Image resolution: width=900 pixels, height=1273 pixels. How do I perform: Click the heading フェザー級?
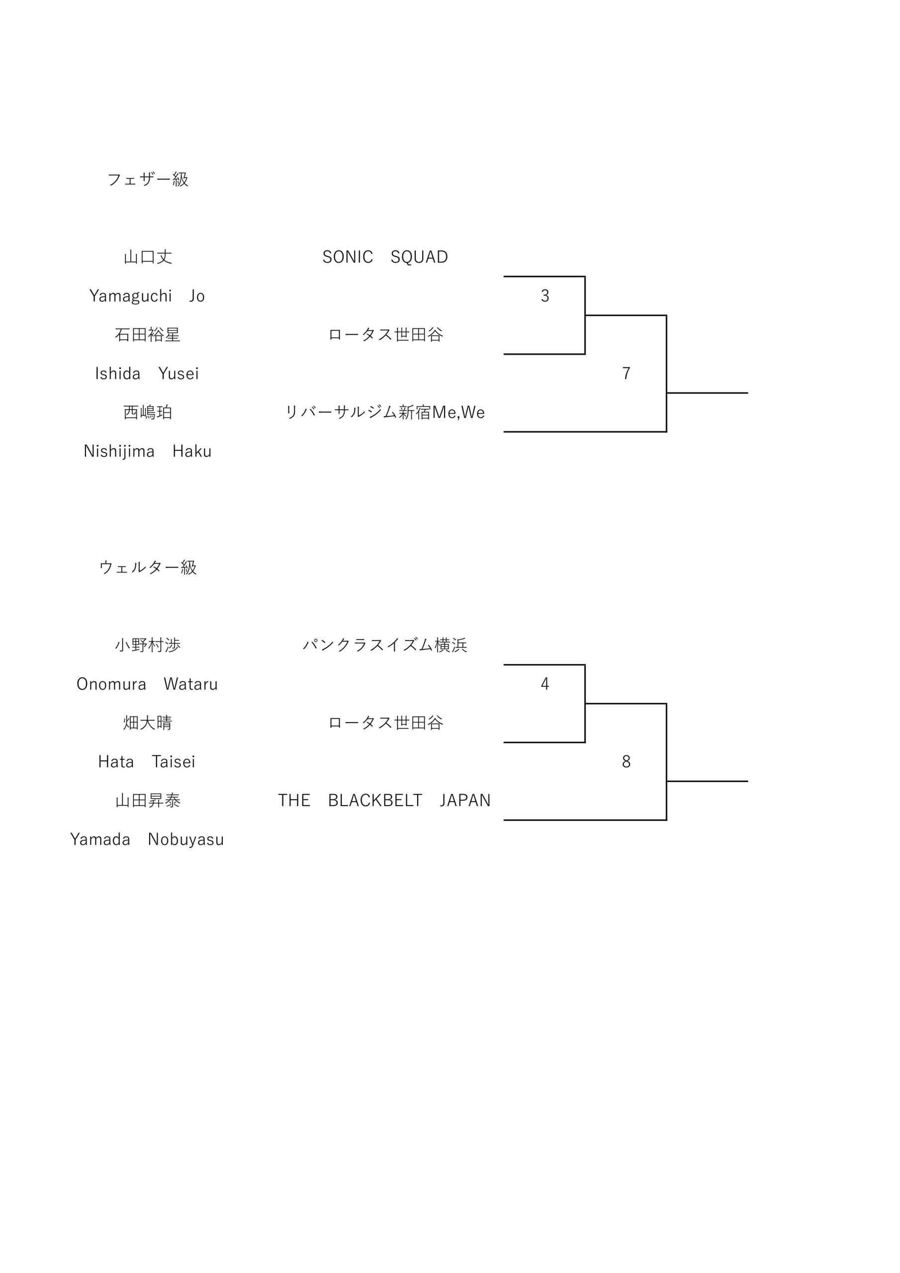point(148,179)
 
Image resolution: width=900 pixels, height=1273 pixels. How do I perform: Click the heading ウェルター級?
point(148,567)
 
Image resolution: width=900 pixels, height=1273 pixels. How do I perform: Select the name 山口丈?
point(148,257)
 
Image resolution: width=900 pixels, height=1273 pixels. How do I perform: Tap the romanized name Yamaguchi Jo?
point(147,296)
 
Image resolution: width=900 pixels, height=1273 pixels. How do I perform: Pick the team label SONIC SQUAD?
point(385,257)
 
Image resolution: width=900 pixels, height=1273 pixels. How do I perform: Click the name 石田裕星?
point(148,334)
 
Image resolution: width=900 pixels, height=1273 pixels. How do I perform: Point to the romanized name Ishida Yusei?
point(147,373)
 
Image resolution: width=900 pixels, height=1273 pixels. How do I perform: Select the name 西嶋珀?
point(148,412)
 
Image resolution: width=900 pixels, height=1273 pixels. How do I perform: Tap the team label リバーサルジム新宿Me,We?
point(385,412)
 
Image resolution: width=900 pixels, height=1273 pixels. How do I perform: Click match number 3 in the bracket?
point(545,296)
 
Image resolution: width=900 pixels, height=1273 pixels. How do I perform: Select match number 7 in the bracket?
point(626,373)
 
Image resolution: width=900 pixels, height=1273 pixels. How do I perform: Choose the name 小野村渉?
point(148,645)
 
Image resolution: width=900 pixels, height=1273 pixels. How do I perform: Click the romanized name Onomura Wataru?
point(147,684)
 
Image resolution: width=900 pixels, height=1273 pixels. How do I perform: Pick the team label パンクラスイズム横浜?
point(385,645)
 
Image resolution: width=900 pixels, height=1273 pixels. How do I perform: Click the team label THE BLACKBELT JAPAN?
point(384,800)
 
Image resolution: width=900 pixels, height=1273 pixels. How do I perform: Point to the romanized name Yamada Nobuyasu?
point(147,839)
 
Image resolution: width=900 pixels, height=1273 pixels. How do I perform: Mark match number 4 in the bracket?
point(545,684)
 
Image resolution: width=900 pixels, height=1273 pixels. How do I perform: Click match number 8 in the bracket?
point(626,762)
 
